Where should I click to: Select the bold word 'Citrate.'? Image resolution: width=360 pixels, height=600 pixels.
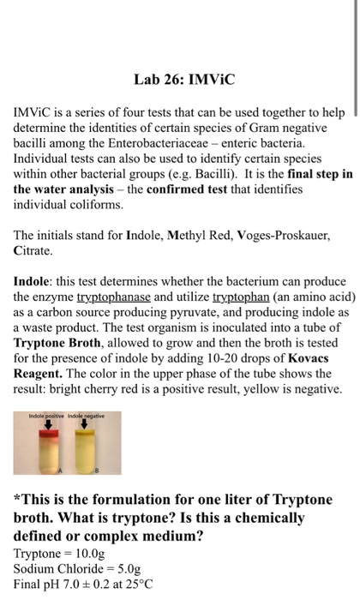[x=33, y=252]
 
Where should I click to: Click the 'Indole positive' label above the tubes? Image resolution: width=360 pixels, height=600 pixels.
[x=44, y=416]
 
